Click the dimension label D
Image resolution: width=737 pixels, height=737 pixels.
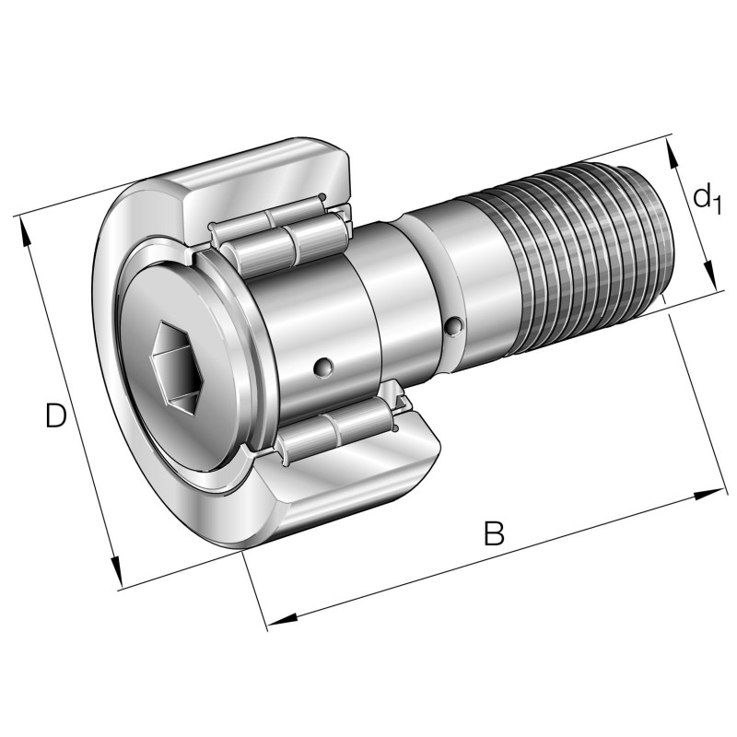56,416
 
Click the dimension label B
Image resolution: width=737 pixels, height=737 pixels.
495,533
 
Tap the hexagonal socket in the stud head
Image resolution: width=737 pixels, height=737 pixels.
175,365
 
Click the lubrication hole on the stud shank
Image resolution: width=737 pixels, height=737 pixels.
452,326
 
